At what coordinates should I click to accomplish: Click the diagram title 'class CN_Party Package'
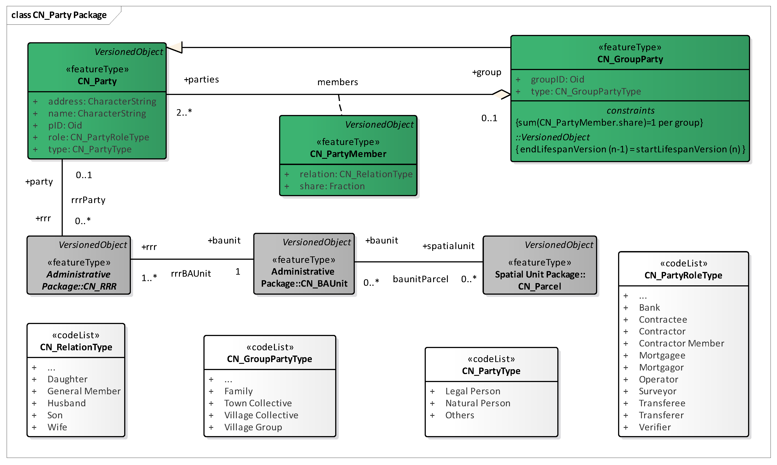click(x=59, y=15)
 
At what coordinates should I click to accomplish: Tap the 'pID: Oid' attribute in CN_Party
click(x=65, y=125)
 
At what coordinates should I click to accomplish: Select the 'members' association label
click(x=337, y=82)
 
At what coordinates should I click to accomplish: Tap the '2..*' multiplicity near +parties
click(x=184, y=112)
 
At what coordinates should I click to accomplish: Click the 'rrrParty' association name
click(x=88, y=200)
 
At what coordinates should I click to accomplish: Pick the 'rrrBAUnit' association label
click(x=191, y=274)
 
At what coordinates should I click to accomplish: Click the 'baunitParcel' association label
click(x=420, y=279)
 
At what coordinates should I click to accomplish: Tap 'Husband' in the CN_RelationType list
click(x=67, y=403)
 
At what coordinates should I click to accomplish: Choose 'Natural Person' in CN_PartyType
click(x=478, y=403)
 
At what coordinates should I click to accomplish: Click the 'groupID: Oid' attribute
click(x=557, y=79)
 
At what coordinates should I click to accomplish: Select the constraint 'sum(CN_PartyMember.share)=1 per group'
click(x=609, y=123)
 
